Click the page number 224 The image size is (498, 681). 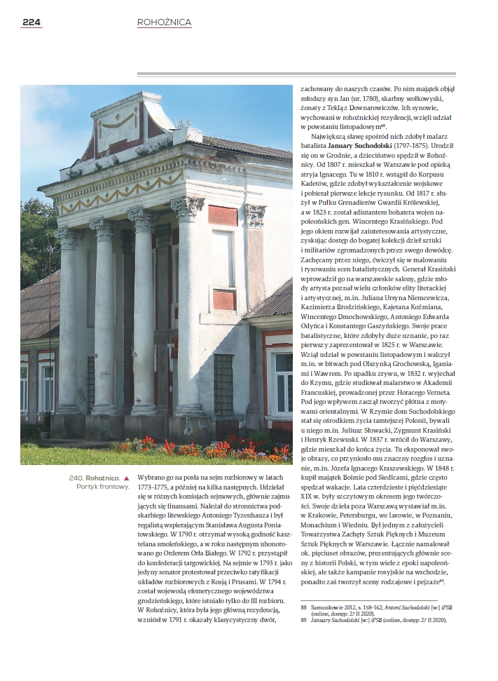[x=32, y=22]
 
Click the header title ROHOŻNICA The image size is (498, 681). [x=164, y=22]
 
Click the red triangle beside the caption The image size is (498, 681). [x=127, y=478]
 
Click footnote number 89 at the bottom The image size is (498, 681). [x=304, y=621]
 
